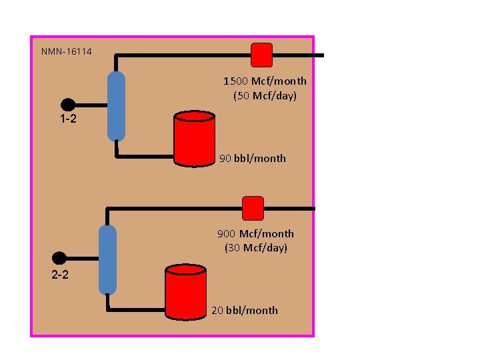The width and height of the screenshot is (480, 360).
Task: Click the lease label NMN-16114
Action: (x=67, y=51)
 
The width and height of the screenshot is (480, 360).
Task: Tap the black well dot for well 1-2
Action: (x=67, y=105)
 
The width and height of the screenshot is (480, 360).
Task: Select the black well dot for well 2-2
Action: (x=59, y=258)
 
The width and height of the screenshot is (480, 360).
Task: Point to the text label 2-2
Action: (x=60, y=274)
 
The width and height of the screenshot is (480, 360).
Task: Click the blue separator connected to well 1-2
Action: (x=116, y=106)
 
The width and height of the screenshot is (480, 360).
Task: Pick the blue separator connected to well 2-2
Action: (x=107, y=259)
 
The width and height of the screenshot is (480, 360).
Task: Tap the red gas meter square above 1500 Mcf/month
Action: (x=261, y=55)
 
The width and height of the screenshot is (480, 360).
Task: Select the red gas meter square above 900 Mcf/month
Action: (x=253, y=208)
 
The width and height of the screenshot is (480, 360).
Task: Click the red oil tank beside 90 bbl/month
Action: (x=194, y=139)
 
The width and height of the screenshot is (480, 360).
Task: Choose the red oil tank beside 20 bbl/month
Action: (x=185, y=291)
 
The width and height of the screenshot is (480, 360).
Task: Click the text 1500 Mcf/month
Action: (x=265, y=81)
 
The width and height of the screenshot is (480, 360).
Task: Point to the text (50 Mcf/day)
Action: (x=265, y=95)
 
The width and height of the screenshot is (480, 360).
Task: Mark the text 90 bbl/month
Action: (x=253, y=159)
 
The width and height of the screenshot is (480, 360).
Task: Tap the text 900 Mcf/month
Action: (x=256, y=234)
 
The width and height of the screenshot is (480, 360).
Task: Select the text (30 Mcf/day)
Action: (x=256, y=248)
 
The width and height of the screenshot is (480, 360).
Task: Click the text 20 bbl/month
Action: (x=245, y=310)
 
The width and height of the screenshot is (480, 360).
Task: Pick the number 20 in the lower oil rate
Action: (x=217, y=310)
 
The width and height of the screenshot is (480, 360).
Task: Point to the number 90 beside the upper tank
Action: (x=225, y=159)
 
